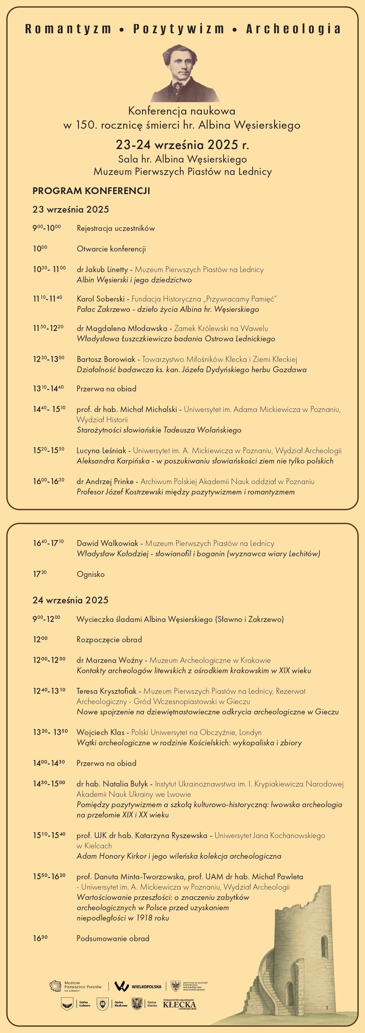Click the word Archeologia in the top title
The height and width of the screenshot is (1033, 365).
click(293, 29)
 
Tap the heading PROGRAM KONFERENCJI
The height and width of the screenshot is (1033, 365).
click(91, 191)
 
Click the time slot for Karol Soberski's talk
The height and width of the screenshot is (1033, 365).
click(48, 299)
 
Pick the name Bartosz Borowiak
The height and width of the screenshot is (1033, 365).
click(106, 359)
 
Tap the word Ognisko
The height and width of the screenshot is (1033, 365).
click(91, 574)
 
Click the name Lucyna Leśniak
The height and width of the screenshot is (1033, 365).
click(101, 451)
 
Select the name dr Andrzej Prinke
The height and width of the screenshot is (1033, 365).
click(105, 482)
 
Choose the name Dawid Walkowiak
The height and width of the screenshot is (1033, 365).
click(107, 543)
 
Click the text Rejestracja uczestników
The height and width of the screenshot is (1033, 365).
click(116, 229)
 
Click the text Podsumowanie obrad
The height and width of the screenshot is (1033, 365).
click(113, 938)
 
